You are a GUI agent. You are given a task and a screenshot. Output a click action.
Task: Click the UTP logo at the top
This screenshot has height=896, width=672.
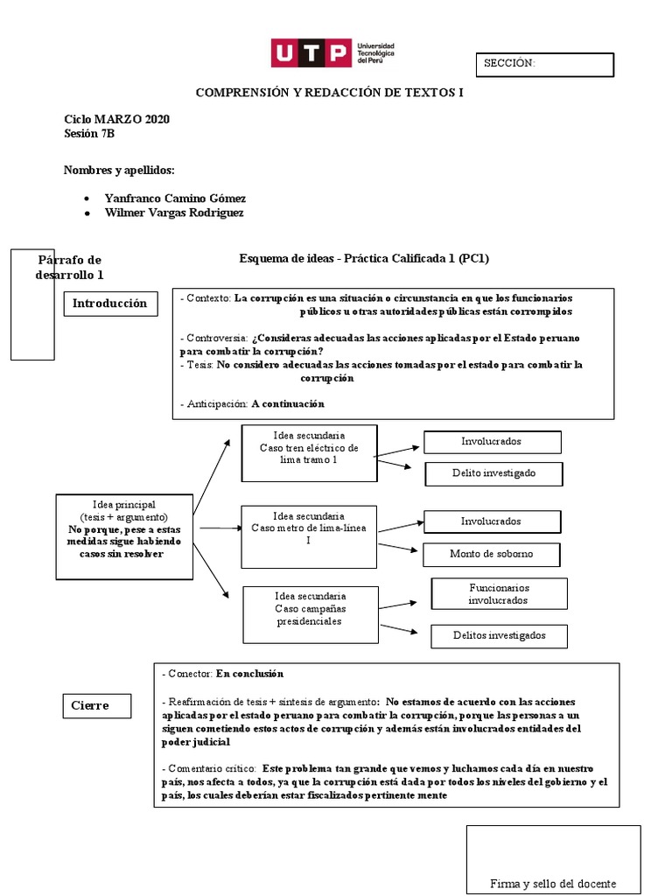(x=332, y=53)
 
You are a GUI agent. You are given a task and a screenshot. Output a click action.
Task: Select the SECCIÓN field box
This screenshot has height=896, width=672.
(x=544, y=64)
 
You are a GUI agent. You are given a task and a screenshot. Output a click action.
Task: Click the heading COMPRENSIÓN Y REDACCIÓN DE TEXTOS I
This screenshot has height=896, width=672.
(x=329, y=92)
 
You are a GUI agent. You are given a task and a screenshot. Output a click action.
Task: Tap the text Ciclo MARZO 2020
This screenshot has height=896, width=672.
(x=116, y=119)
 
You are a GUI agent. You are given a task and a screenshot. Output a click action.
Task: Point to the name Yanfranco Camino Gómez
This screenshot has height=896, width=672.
(x=175, y=199)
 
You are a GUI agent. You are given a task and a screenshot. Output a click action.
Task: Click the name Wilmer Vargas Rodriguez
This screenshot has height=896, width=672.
(x=174, y=213)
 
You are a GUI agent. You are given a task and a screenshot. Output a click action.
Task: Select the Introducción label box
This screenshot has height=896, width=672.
(x=109, y=304)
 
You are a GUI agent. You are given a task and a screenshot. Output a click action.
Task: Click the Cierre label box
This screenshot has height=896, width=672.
(x=100, y=705)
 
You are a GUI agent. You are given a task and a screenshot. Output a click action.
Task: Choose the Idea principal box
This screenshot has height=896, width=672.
(x=123, y=535)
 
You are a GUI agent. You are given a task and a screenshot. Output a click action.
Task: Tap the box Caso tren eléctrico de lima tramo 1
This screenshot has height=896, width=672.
(x=309, y=452)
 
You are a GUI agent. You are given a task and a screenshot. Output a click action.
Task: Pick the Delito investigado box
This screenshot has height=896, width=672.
(x=493, y=473)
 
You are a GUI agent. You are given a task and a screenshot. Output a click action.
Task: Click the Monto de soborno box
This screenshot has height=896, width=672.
(x=491, y=554)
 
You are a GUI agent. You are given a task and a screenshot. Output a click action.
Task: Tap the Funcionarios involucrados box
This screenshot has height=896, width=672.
(x=499, y=594)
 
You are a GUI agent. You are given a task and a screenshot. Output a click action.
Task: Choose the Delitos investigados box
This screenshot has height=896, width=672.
(x=499, y=635)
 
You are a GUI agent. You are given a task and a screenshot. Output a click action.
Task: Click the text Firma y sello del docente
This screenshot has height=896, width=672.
(x=553, y=883)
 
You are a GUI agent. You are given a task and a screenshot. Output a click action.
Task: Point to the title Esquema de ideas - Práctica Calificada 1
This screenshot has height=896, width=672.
(x=363, y=259)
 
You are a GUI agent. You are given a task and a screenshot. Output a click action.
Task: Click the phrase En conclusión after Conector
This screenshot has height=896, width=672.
(x=249, y=675)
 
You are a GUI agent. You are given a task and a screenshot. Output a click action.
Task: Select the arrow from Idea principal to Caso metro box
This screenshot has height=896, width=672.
(x=220, y=528)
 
